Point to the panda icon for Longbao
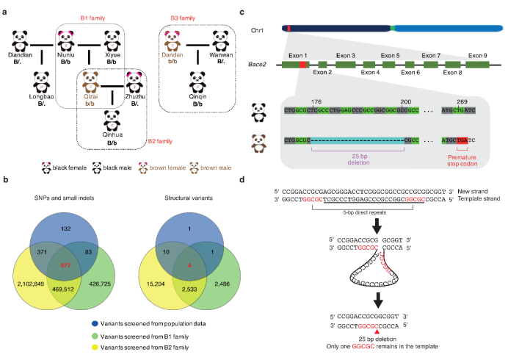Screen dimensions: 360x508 (x=45, y=82)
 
